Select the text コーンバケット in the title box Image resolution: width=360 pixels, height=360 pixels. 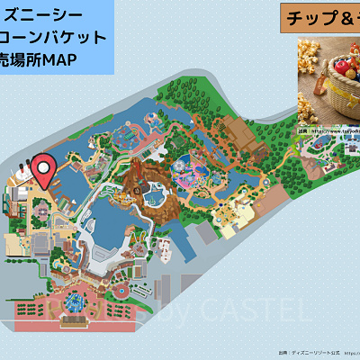tap(54, 38)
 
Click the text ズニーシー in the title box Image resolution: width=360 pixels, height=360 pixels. tap(40, 15)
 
